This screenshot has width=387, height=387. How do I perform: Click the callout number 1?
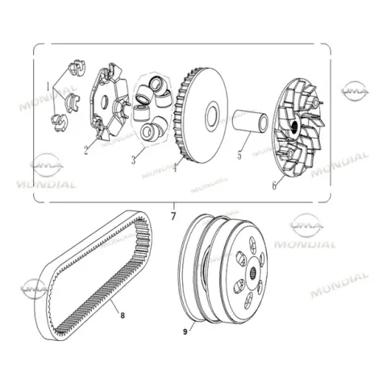click(x=48, y=86)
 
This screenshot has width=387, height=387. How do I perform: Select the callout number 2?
click(x=85, y=150)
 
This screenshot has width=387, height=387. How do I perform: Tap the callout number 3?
click(x=134, y=160)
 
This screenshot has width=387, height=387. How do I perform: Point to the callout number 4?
click(x=175, y=167)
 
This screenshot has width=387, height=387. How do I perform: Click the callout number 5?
click(x=239, y=155)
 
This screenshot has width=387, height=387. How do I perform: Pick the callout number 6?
click(x=274, y=185)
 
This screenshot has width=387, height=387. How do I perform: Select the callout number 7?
click(x=173, y=216)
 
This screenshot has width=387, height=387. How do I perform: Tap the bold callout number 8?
click(x=123, y=315)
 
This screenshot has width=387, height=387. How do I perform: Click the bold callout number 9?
click(x=185, y=332)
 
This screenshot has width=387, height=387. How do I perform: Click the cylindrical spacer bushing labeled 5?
click(x=250, y=121)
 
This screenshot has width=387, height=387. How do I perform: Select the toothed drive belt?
click(x=93, y=275)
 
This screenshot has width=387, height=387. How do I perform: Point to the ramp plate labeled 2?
click(x=109, y=102)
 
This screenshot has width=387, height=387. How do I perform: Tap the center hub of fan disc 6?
click(x=295, y=126)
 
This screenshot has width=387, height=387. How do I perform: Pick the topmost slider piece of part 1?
click(x=77, y=68)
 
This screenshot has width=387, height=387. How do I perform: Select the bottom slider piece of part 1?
click(x=59, y=123)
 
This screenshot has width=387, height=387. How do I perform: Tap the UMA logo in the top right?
click(x=355, y=90)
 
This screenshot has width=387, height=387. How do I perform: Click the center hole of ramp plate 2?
click(x=105, y=102)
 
